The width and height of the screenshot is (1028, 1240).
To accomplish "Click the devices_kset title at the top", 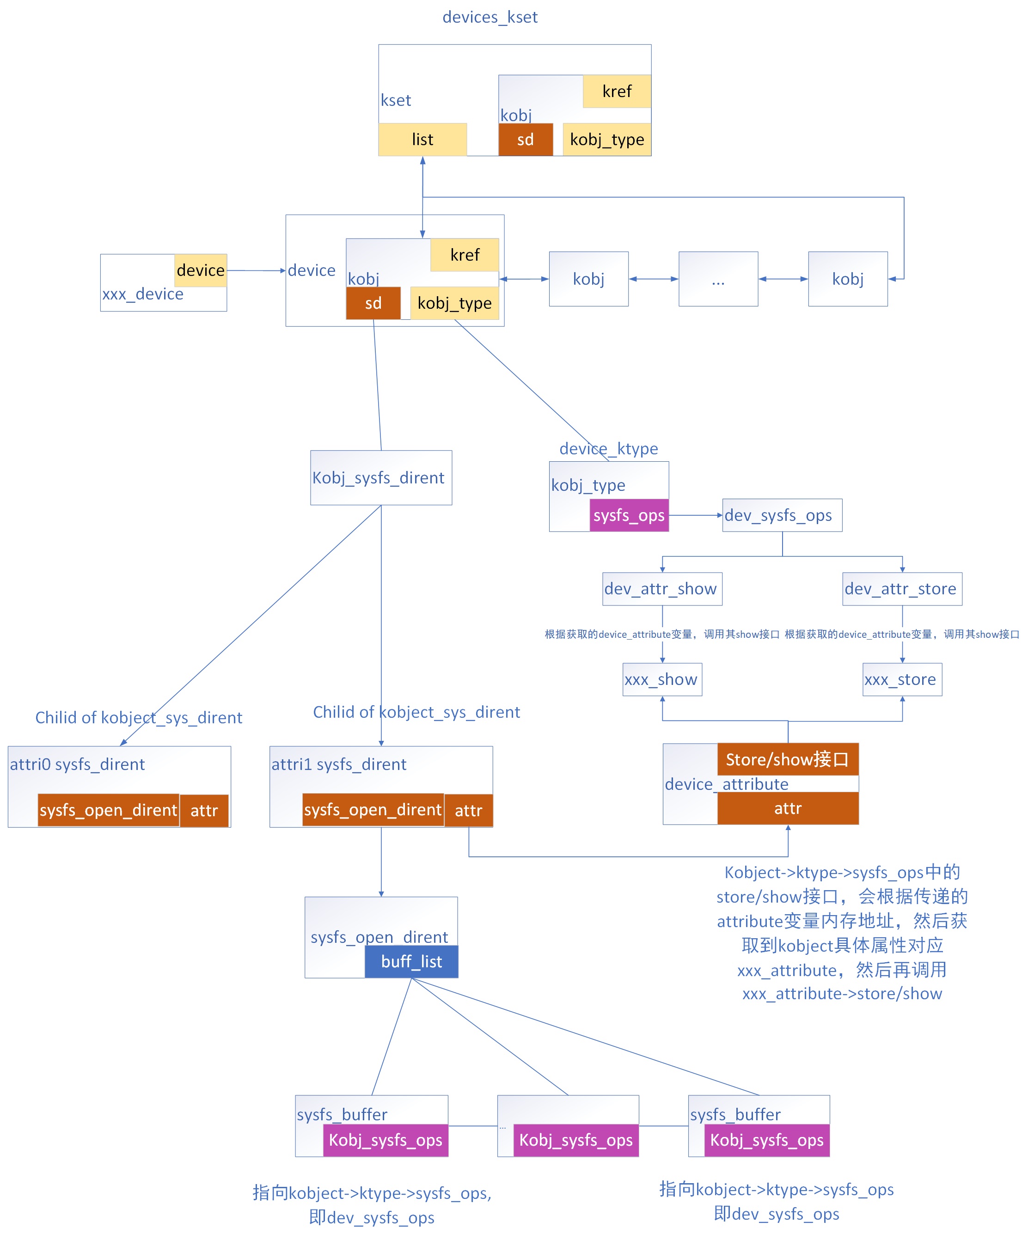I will pos(490,17).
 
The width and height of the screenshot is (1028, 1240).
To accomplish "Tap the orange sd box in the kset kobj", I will pos(525,140).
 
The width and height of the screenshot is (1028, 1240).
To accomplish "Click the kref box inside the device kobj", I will pos(464,255).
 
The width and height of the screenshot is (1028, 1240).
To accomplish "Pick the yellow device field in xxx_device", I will pos(200,270).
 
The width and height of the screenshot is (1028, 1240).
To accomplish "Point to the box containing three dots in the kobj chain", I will pos(717,279).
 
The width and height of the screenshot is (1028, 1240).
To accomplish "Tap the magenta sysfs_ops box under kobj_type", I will pos(628,515).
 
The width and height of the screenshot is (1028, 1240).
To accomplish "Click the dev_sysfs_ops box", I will pos(781,515).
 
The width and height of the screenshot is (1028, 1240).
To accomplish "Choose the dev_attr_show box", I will pos(661,588).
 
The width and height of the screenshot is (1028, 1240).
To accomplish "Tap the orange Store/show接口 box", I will pos(787,759).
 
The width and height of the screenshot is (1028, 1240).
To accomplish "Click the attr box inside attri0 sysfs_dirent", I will pos(204,810).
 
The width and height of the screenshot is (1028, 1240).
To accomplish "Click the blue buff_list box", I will pos(411,961).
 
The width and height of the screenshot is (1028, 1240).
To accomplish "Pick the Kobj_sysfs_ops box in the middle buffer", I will pos(575,1140).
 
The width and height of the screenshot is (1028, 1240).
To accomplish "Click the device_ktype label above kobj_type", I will pos(608,449).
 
